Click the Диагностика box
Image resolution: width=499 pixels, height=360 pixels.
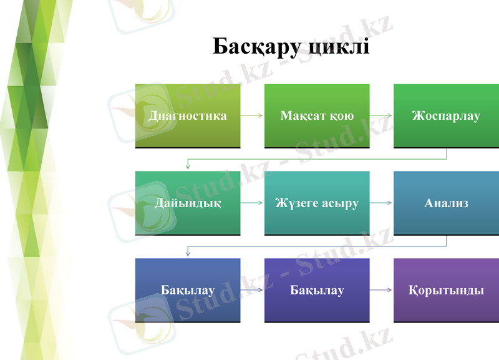click(188, 116)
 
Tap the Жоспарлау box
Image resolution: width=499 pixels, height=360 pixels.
click(445, 116)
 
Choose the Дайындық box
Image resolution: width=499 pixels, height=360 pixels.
click(188, 203)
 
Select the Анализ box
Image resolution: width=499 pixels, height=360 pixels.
click(445, 203)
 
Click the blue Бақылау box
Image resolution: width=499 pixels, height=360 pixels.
click(188, 290)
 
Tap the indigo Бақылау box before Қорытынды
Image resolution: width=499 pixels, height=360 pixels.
click(317, 290)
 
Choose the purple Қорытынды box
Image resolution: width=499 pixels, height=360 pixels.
click(445, 290)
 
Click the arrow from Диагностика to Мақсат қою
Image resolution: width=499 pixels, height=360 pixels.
click(252, 116)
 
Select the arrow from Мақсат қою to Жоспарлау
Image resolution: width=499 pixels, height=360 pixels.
click(381, 116)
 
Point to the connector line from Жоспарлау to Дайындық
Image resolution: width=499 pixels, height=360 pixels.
click(317, 160)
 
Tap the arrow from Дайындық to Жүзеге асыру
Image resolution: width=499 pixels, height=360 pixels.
click(252, 203)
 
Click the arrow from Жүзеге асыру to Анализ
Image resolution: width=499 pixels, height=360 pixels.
click(381, 203)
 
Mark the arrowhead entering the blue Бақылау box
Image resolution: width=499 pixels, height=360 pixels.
click(188, 255)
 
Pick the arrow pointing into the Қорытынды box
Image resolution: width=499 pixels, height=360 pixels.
click(381, 290)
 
